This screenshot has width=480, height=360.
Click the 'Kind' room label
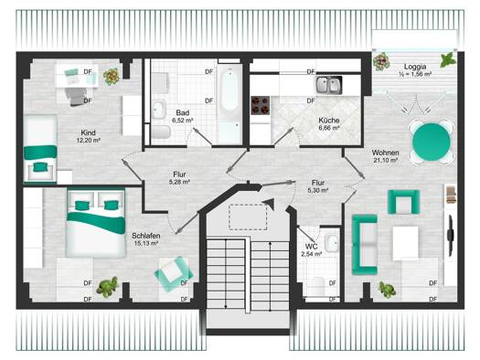point(88,132)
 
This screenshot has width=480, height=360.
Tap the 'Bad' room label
point(183,113)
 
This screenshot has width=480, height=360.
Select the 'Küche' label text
point(329,121)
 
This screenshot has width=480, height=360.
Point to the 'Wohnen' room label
point(386,153)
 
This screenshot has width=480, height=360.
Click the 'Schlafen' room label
point(146,236)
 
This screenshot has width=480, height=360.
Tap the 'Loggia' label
point(415,67)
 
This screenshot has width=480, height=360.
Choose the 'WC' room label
point(311,247)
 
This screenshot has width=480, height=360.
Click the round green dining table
point(432,142)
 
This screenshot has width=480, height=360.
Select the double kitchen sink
point(329,85)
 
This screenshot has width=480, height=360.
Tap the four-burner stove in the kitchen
point(261,105)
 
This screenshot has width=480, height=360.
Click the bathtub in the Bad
point(229,104)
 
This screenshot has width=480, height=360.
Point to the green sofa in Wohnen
point(364,245)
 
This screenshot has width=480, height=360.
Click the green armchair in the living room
point(403,202)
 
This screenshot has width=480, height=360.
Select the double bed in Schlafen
point(96,224)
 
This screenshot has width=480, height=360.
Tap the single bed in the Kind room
point(40,149)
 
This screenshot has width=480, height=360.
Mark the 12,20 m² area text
point(89,141)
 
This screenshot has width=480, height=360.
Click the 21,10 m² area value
point(386,160)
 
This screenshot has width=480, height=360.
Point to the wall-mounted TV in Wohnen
point(451,236)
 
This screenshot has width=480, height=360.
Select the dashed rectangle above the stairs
point(248,217)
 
